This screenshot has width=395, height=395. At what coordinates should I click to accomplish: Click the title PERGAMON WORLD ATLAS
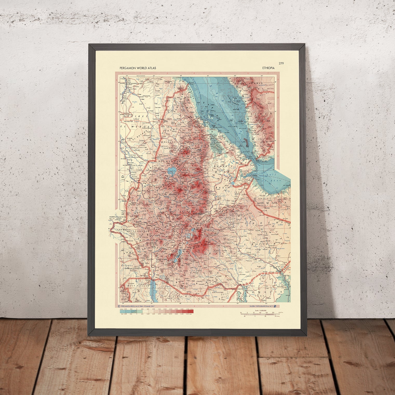click(138, 68)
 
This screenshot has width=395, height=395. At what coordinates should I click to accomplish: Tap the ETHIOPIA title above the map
click(268, 68)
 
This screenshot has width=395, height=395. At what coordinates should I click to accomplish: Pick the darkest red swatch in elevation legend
click(190, 311)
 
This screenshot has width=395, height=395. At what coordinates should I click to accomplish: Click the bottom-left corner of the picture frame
click(90, 336)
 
